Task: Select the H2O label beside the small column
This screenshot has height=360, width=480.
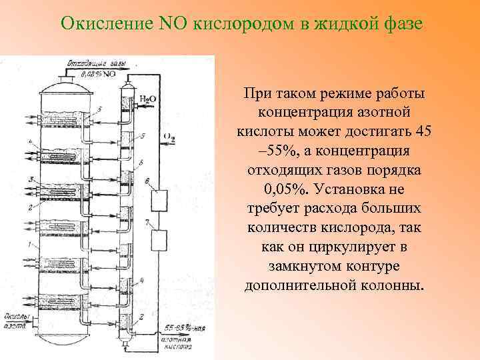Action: (x=147, y=99)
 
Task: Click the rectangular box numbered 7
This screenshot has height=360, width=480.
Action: (x=160, y=239)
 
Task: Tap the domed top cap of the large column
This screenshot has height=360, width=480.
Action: (x=66, y=85)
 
